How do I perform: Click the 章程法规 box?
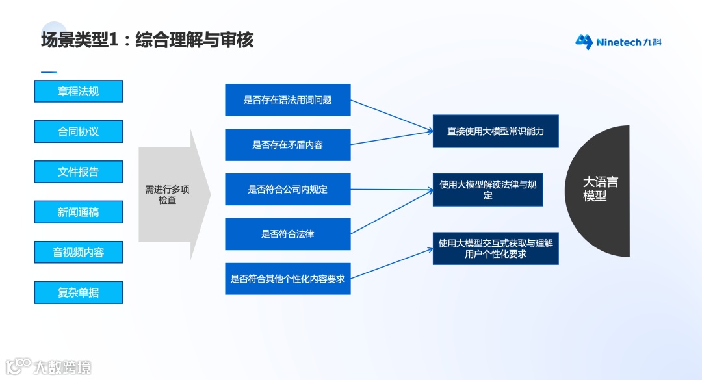click(x=78, y=91)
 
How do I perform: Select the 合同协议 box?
click(x=78, y=131)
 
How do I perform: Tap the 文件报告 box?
click(x=78, y=171)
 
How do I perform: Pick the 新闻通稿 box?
click(x=78, y=212)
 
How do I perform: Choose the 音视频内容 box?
click(x=78, y=252)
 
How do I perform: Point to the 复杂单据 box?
click(x=78, y=292)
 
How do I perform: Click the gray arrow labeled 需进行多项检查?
click(x=170, y=195)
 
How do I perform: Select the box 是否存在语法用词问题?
click(x=287, y=100)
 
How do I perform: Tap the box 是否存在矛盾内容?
click(x=287, y=145)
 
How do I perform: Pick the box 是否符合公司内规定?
click(x=287, y=190)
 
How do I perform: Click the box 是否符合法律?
click(x=287, y=234)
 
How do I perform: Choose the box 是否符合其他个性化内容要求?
click(x=287, y=279)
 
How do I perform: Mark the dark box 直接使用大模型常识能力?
click(x=495, y=131)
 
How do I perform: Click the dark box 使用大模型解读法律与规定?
click(x=487, y=190)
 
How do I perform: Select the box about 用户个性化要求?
click(x=495, y=248)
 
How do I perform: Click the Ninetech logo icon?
click(x=584, y=42)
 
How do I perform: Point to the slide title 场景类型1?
click(x=147, y=40)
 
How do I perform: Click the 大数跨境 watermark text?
click(x=62, y=367)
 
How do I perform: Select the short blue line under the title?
click(x=49, y=72)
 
